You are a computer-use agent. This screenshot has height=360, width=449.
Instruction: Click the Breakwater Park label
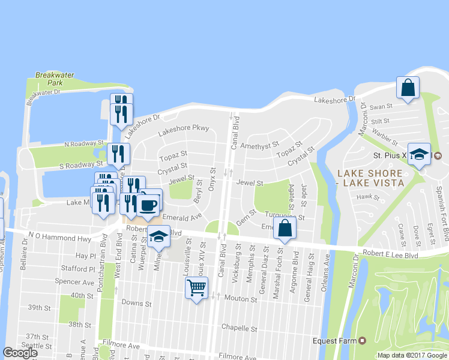click(x=55, y=79)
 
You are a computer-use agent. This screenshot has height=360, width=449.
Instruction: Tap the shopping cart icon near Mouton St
click(x=197, y=288)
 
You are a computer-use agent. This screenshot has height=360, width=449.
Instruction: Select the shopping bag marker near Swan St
click(x=408, y=88)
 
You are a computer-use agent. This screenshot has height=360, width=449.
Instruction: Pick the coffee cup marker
click(x=148, y=205)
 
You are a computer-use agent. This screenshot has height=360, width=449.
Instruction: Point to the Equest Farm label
click(x=335, y=341)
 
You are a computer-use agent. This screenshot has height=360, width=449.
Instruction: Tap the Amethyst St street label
click(x=259, y=145)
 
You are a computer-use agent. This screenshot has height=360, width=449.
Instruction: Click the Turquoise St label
click(x=285, y=217)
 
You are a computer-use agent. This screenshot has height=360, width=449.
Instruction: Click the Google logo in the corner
click(x=20, y=353)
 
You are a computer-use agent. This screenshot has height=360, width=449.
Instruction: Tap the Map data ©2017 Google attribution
click(x=412, y=355)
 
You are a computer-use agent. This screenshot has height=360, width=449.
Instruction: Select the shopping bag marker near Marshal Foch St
click(x=285, y=228)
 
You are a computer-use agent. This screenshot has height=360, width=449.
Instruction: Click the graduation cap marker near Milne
click(x=159, y=236)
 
